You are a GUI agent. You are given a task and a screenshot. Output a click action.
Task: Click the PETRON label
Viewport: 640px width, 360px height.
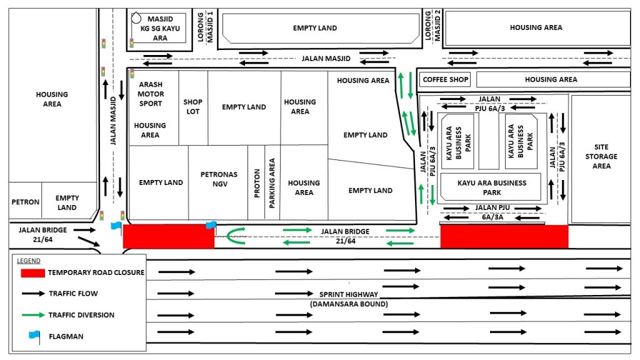[x=25, y=202]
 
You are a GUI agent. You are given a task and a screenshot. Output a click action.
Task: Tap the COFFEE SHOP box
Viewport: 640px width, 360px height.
[x=445, y=79]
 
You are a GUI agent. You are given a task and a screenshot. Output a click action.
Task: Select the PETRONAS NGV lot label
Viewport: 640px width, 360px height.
[x=219, y=179]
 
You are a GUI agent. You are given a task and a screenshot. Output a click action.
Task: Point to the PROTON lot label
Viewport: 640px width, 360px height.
[x=257, y=183]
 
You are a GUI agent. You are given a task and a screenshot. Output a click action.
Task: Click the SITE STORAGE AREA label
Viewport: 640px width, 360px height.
[x=601, y=156]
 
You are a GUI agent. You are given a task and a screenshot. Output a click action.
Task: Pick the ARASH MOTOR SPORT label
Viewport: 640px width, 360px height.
[x=151, y=94]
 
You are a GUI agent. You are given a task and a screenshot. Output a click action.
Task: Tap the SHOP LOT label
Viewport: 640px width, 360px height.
[x=192, y=106]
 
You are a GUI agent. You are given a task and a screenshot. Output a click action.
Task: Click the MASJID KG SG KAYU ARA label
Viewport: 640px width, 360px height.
[x=160, y=29]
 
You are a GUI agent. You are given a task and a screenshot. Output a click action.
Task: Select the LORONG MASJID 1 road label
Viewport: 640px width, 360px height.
[x=205, y=27]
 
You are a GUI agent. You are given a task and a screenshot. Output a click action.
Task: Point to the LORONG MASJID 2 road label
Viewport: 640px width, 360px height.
[x=432, y=25]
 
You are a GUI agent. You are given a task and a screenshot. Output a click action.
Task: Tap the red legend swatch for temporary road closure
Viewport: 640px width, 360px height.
[x=32, y=273]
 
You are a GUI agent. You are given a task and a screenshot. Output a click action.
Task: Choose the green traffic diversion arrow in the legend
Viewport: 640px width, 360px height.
[x=33, y=315]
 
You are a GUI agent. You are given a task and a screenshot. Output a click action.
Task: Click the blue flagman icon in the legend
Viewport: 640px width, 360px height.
[x=35, y=336]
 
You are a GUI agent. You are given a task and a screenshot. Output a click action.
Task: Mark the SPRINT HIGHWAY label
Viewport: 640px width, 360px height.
[x=349, y=295]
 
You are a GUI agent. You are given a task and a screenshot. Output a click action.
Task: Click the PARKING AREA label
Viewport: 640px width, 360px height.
[x=272, y=183]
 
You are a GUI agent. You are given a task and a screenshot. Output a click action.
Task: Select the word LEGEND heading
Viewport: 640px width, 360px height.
[x=29, y=261]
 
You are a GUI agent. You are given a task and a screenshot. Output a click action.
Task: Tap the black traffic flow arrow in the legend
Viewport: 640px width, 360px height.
[x=33, y=294]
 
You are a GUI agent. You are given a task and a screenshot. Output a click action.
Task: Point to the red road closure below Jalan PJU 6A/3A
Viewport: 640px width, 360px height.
[x=504, y=236]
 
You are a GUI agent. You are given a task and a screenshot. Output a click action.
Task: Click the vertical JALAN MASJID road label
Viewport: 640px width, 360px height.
[x=113, y=121]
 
